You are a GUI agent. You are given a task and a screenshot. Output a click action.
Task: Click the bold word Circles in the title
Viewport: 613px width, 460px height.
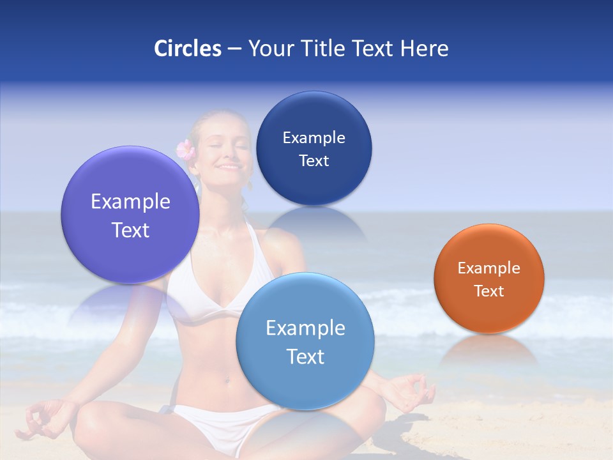pos(187,49)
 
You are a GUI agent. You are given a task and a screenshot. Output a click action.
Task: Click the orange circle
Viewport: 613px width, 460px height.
pos(489,278)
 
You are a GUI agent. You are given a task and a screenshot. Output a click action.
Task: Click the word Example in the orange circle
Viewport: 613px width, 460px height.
pos(489,268)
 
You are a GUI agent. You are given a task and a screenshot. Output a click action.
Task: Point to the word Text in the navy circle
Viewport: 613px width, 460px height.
pos(314,161)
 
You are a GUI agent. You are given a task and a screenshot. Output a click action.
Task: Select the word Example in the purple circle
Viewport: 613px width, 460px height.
pos(130,202)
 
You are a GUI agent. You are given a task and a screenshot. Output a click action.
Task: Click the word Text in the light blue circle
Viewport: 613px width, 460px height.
pos(305,356)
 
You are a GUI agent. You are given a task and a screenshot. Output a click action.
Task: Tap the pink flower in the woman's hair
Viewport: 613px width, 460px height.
pos(185,149)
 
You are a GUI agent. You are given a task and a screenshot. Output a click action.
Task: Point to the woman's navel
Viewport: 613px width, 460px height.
pos(226,378)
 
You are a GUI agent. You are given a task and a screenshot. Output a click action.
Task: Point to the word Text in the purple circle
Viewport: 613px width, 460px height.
pos(130,230)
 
